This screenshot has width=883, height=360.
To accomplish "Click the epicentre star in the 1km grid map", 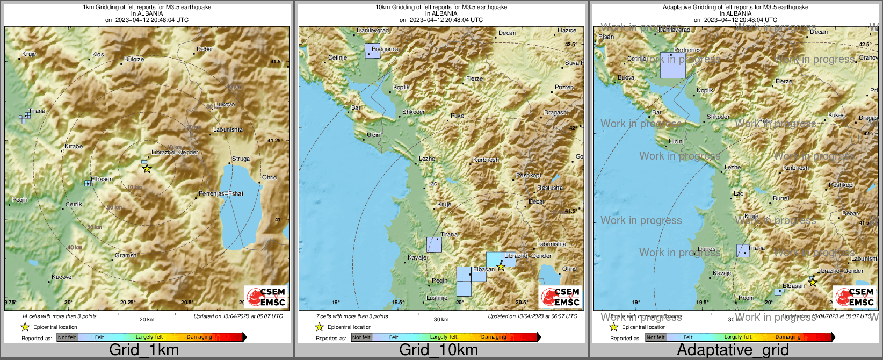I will coord(147,169).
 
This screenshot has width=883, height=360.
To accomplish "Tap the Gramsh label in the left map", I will coord(126,255).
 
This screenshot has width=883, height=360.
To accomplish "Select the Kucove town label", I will coord(61,277).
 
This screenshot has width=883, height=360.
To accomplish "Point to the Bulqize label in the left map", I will coord(134,59).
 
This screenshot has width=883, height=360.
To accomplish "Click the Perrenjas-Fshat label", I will coord(221,193).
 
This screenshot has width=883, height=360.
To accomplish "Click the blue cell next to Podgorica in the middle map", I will coord(372,51).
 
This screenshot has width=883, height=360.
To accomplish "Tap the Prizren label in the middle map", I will coord(564,87).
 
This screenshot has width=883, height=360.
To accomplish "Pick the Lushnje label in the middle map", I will coord(437,298).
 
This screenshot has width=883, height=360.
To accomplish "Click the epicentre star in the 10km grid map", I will coord(501,266).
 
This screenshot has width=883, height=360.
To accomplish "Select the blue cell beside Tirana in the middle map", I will coord(434,244).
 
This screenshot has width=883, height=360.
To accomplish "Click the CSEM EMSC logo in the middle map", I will coord(560,297).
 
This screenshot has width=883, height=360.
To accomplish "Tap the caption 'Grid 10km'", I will coord(438,350).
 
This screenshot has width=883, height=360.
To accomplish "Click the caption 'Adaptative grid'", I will coord(733,350).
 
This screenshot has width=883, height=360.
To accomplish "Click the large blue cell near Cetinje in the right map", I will coord(672,65).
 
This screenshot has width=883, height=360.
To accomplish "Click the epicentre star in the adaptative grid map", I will coord(813,282).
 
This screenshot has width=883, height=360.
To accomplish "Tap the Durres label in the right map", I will coord(706,249).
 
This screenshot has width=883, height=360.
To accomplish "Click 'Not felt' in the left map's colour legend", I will coord(67,337).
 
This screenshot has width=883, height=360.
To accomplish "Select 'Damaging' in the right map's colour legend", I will coord(788,337).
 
